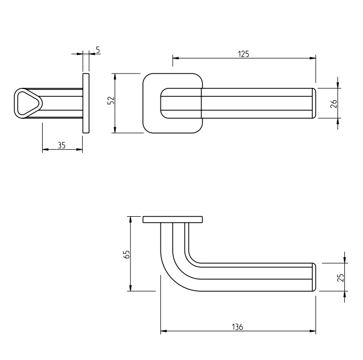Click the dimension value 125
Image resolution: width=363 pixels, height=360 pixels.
coord(244,53)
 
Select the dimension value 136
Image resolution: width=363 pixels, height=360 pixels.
coord(238,327)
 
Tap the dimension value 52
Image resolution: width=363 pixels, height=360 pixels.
coord(111,101)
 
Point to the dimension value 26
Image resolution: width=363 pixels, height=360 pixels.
coord(334,103)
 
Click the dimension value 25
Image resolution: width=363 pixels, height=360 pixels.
coord(341,277)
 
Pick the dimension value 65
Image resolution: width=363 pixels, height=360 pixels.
coord(126,254)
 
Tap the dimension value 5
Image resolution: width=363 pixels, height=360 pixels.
coord(98,50)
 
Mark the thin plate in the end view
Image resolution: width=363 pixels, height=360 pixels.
coord(86,103)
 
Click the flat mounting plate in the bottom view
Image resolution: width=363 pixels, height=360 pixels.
coord(173,219)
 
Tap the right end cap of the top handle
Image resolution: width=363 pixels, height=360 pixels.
coord(314,103)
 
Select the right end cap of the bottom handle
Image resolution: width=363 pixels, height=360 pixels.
coord(314,277)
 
